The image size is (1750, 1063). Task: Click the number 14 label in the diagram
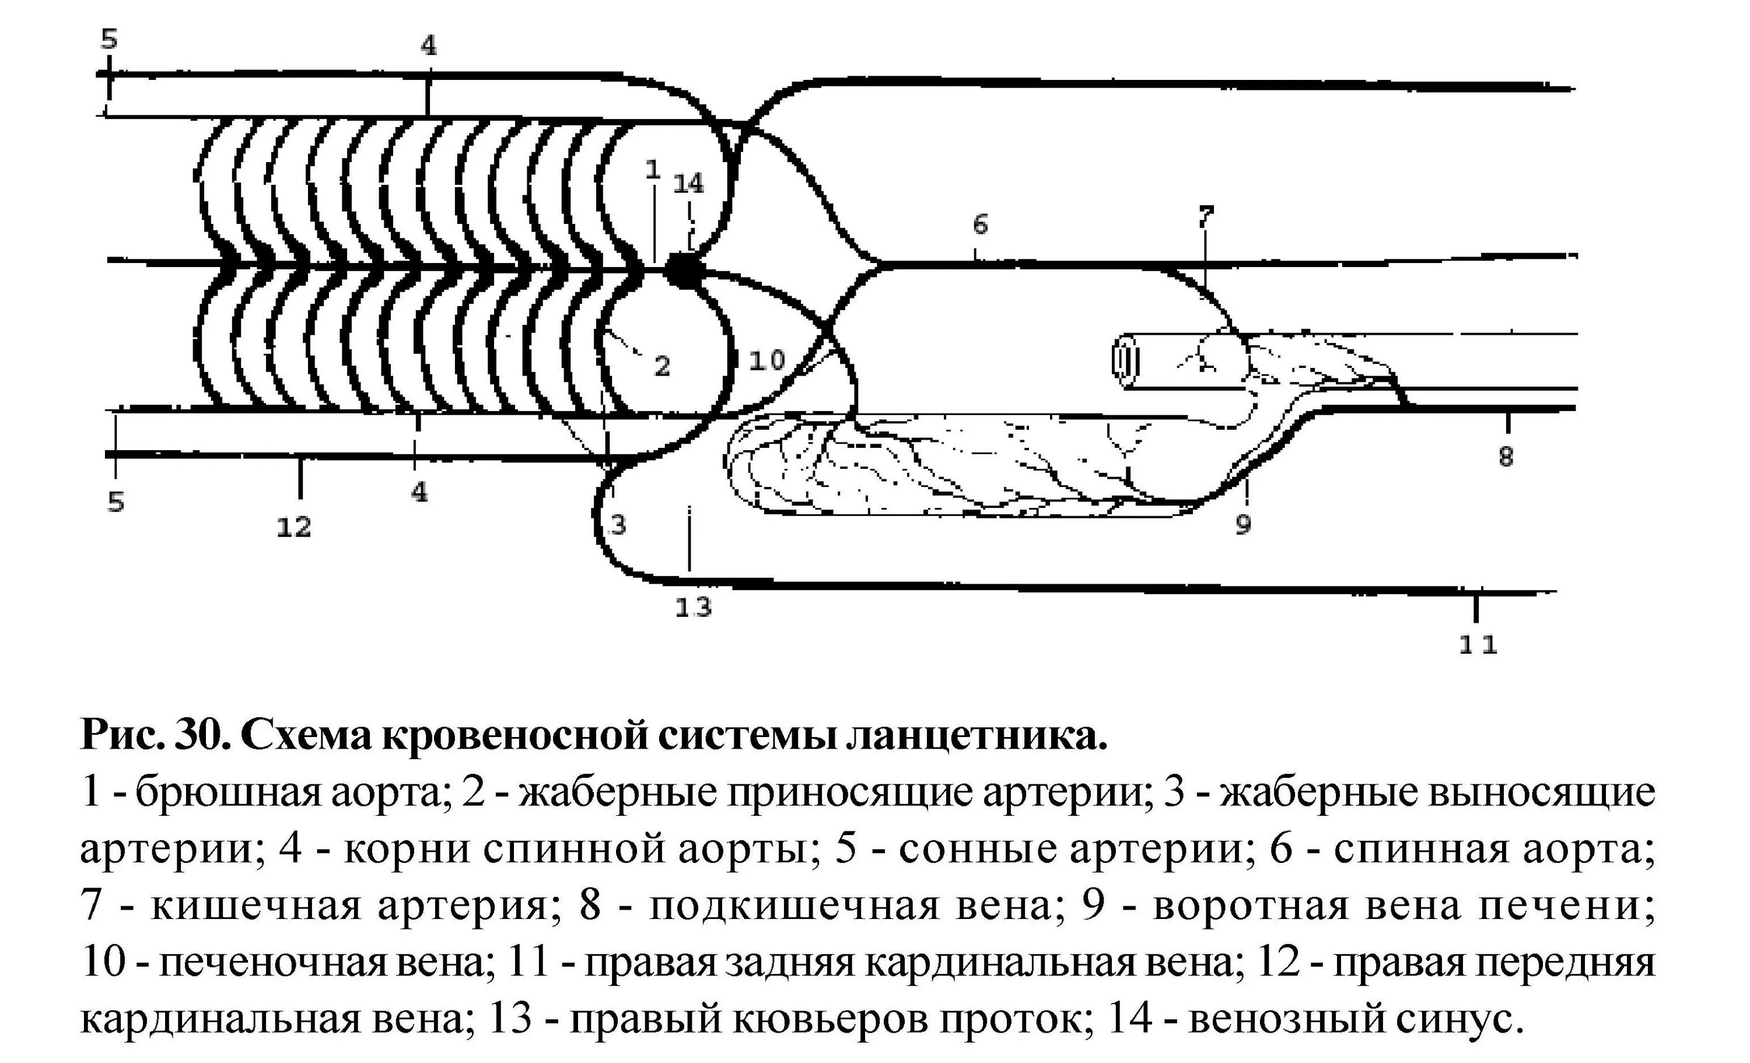[688, 184]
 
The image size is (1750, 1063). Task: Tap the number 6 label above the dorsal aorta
[980, 225]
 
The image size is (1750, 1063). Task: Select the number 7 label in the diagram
[1206, 216]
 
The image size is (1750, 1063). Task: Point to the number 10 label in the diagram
[767, 361]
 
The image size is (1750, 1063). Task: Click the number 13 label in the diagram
[692, 608]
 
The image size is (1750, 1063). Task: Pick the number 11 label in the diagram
[1478, 645]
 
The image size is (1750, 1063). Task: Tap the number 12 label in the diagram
[294, 527]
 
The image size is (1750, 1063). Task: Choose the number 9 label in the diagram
[1243, 525]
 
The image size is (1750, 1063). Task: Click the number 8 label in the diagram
[1506, 457]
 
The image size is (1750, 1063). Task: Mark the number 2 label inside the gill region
[662, 366]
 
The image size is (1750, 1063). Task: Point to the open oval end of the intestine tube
[1126, 362]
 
